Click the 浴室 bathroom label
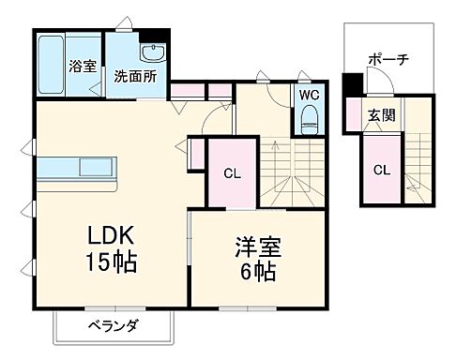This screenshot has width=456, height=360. point(83,67)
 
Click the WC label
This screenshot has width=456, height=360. point(309,95)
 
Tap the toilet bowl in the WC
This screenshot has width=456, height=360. point(309,119)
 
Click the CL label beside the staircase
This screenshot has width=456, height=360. point(231,172)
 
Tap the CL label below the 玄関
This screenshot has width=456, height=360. point(382,170)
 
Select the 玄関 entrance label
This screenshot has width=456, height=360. point(380,116)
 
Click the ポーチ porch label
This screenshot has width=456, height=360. point(388,58)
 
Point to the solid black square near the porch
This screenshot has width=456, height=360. point(351,86)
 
